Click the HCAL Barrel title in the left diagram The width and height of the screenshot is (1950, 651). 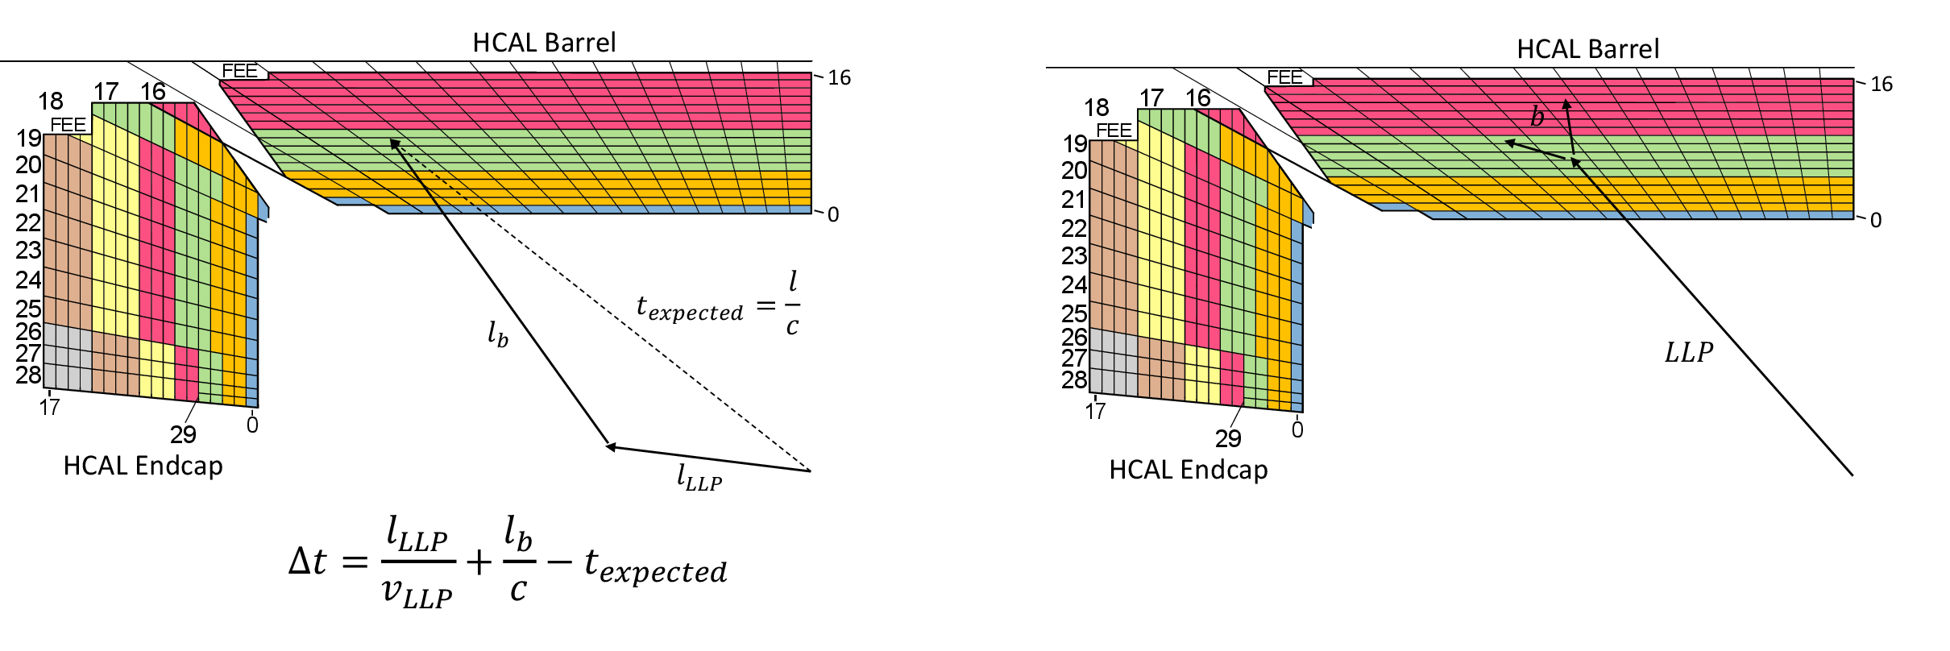tap(544, 43)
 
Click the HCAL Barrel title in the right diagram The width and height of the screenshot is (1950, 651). tap(1587, 49)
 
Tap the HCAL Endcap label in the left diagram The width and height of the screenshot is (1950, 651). tap(143, 466)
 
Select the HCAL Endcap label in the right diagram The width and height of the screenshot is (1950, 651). tap(1188, 470)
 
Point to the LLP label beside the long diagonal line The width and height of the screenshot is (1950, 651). tap(1688, 353)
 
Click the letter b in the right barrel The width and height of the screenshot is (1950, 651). tap(1537, 118)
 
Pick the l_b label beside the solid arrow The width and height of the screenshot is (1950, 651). tap(497, 334)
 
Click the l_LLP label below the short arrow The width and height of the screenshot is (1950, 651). tap(699, 478)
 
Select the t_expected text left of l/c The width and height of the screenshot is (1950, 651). tap(690, 308)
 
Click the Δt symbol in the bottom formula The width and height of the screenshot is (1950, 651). tap(308, 561)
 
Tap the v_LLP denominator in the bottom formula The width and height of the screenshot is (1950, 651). tap(417, 593)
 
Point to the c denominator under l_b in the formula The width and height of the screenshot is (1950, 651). tap(518, 591)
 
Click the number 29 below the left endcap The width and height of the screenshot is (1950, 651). tap(183, 435)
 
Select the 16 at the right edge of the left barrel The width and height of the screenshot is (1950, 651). tap(839, 78)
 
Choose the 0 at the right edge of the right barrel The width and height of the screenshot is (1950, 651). tap(1876, 220)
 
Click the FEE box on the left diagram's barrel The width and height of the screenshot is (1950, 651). tap(240, 71)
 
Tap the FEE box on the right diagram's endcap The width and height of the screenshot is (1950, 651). tap(1114, 131)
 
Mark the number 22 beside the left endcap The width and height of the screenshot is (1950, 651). tap(28, 222)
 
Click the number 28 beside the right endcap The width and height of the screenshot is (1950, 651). tap(1074, 379)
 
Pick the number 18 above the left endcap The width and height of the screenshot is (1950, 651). tap(50, 102)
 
